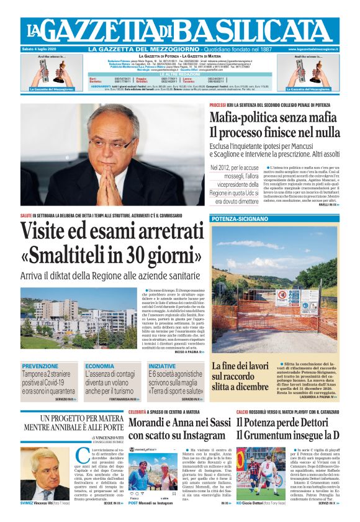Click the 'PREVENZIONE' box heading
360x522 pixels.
coord(40,367)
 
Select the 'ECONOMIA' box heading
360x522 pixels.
coord(100,367)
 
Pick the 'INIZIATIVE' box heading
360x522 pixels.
coord(162,367)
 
